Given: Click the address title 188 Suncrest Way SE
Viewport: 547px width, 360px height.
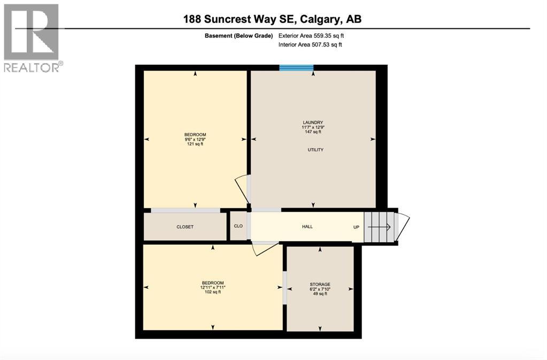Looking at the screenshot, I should pos(273,19).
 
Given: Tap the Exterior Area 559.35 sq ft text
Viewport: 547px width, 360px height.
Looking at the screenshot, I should pos(315,36).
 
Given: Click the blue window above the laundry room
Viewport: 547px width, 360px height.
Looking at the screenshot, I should pos(296,67).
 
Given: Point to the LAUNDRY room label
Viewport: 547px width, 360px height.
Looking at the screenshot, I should pos(313,122).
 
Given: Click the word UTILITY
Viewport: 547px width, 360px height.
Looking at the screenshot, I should pos(315,150).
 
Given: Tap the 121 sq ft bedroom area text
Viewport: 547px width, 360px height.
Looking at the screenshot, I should pos(195,144).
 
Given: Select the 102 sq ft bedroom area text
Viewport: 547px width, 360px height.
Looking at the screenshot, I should pos(212,292).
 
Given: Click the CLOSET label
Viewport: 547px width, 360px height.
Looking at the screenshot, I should pos(185,227).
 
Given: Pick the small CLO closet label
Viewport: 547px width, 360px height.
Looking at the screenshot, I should pos(238,226).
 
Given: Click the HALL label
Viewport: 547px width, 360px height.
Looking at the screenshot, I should pos(307,227).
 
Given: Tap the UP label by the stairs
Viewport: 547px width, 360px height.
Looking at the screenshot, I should pos(356,227).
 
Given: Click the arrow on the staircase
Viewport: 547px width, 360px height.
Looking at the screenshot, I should pos(380,227).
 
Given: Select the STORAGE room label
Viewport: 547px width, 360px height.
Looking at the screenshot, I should pos(320,284).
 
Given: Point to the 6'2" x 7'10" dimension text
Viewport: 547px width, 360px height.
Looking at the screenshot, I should pos(320,289).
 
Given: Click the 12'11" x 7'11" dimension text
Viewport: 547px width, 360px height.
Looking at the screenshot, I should pos(212,287).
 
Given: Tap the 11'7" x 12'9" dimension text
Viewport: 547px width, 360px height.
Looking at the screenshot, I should pos(313,127).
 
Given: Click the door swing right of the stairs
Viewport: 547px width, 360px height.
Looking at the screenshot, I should pos(403,225).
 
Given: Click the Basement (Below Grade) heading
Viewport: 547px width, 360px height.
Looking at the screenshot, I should pos(239,36).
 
